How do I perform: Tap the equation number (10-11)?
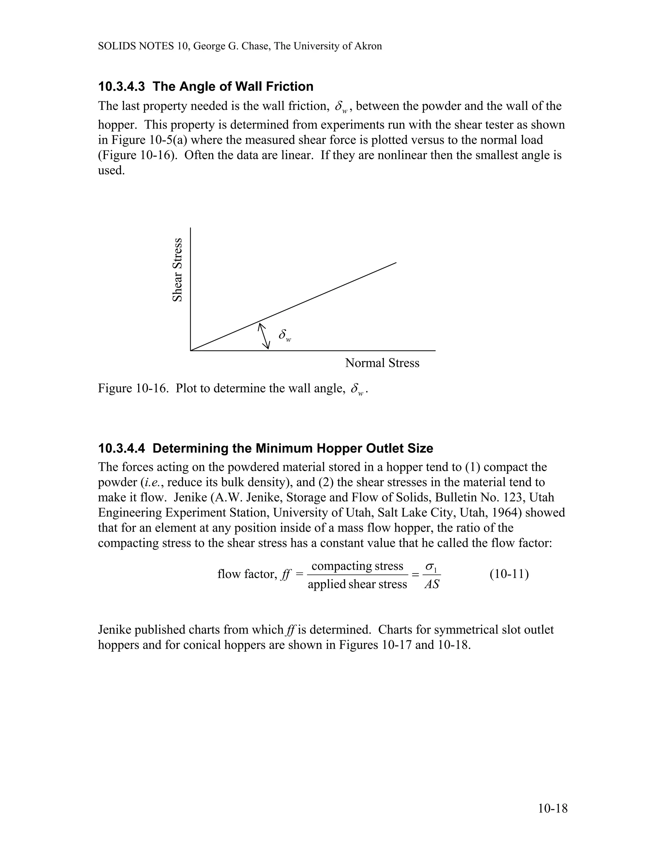point(509,574)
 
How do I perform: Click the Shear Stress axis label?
point(178,270)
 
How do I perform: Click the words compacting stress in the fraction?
point(357,566)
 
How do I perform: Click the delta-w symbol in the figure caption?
point(357,389)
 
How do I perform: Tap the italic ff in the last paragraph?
point(291,630)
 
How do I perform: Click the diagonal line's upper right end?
point(396,263)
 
